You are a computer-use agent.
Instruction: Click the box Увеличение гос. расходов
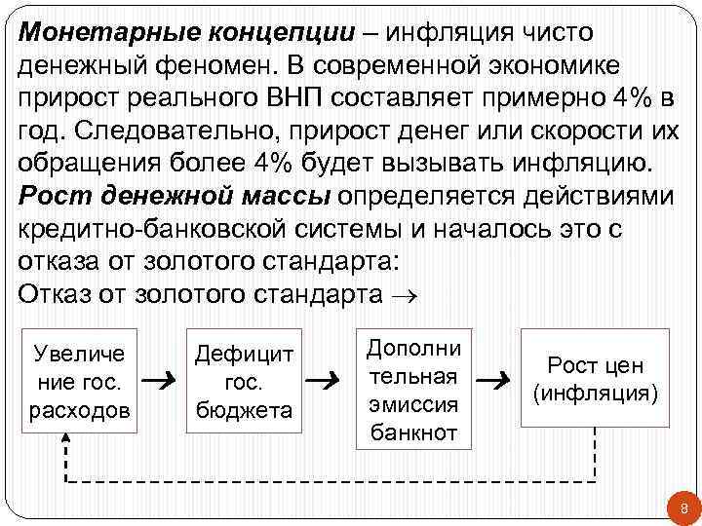[x=80, y=381]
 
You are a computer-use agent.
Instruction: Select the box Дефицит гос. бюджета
[x=244, y=381]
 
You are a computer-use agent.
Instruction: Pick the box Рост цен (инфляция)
[x=596, y=378]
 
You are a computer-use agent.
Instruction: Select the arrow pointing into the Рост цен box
[x=498, y=380]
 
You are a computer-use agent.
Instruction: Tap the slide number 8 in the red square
[x=682, y=507]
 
